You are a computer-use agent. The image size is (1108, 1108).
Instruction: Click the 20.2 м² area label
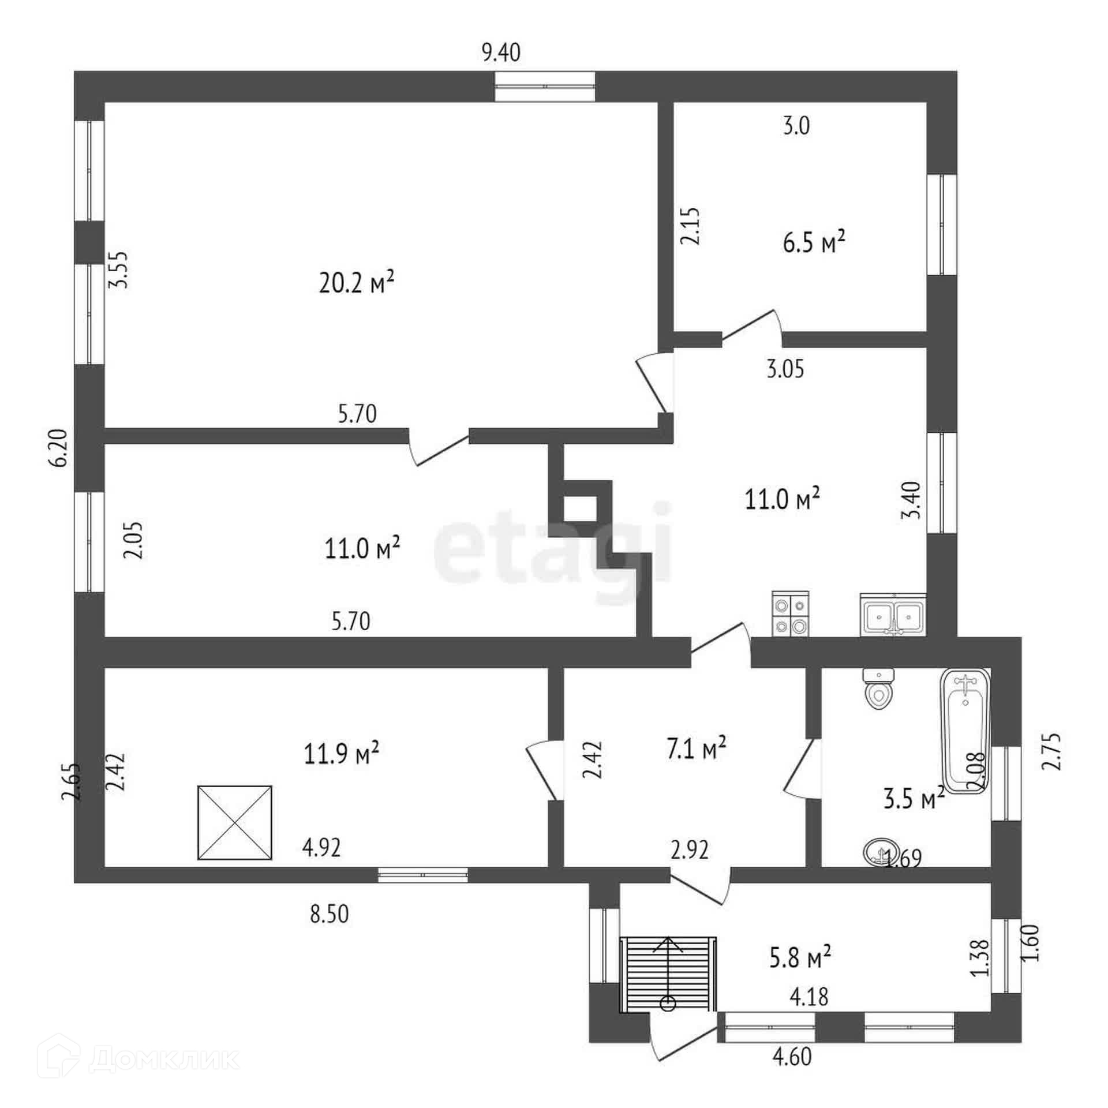[356, 283]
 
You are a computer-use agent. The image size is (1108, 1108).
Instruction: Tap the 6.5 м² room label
[814, 242]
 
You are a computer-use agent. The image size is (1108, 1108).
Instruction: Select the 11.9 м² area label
[341, 753]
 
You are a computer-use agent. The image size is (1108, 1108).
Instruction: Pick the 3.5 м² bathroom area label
[914, 799]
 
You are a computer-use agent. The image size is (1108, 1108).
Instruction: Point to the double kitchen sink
[893, 615]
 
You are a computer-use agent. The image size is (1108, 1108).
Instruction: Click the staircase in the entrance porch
[668, 974]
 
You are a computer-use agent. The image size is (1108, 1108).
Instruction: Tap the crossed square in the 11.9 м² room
[234, 822]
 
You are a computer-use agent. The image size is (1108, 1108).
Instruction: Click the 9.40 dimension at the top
[501, 53]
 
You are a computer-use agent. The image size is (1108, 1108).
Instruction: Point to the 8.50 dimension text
[330, 914]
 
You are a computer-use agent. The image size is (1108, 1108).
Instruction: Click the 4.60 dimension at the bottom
[792, 1057]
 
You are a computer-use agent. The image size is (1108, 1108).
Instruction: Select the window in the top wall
[545, 87]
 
